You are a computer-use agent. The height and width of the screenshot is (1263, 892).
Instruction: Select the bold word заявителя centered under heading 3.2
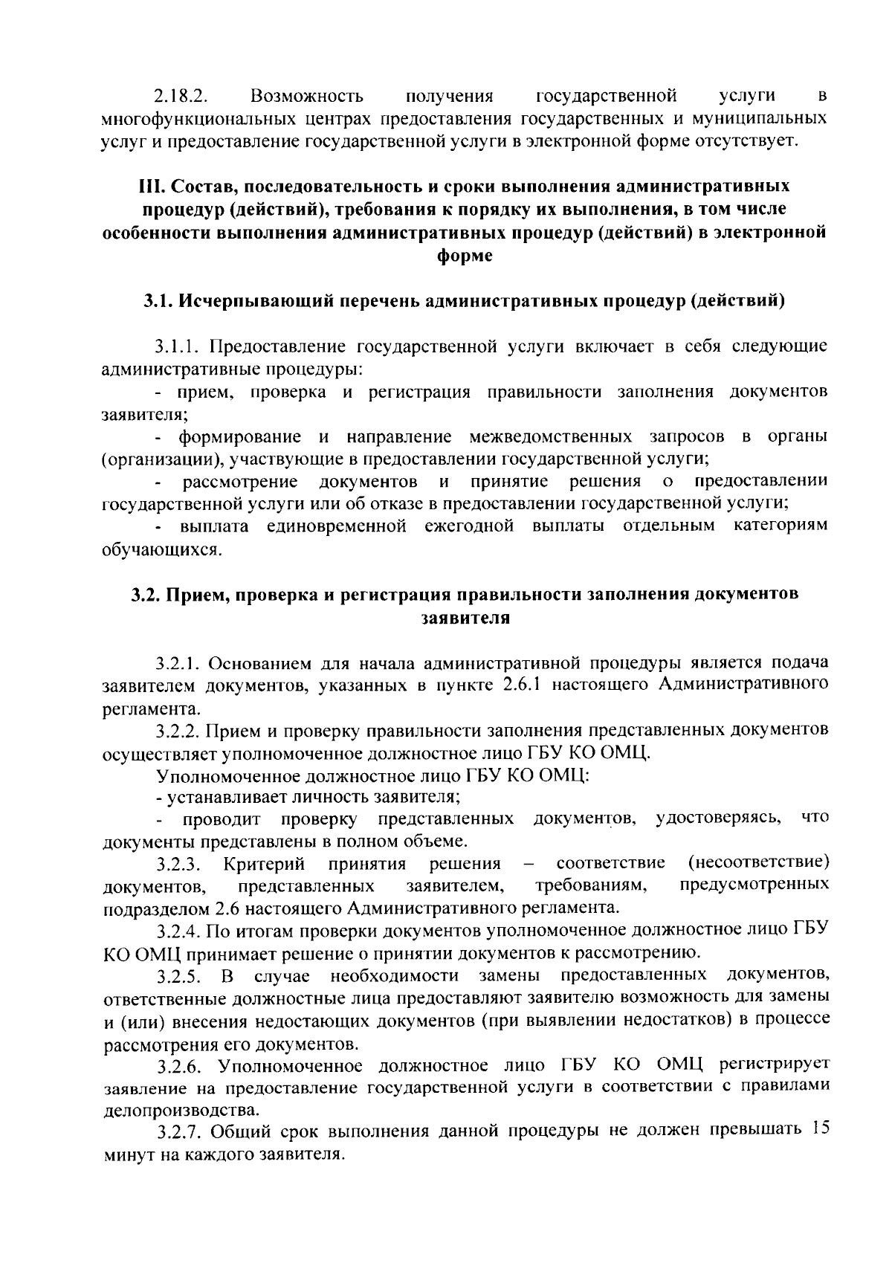[x=465, y=618]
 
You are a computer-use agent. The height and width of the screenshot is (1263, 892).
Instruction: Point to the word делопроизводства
[x=181, y=1111]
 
